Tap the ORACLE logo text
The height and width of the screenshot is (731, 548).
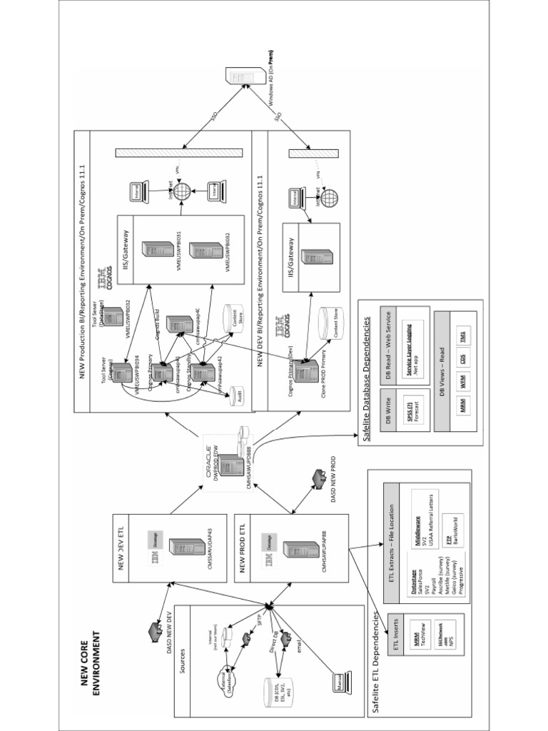(210, 462)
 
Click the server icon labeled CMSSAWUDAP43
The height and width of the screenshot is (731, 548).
(188, 548)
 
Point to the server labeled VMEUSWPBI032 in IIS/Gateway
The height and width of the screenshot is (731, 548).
(205, 251)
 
